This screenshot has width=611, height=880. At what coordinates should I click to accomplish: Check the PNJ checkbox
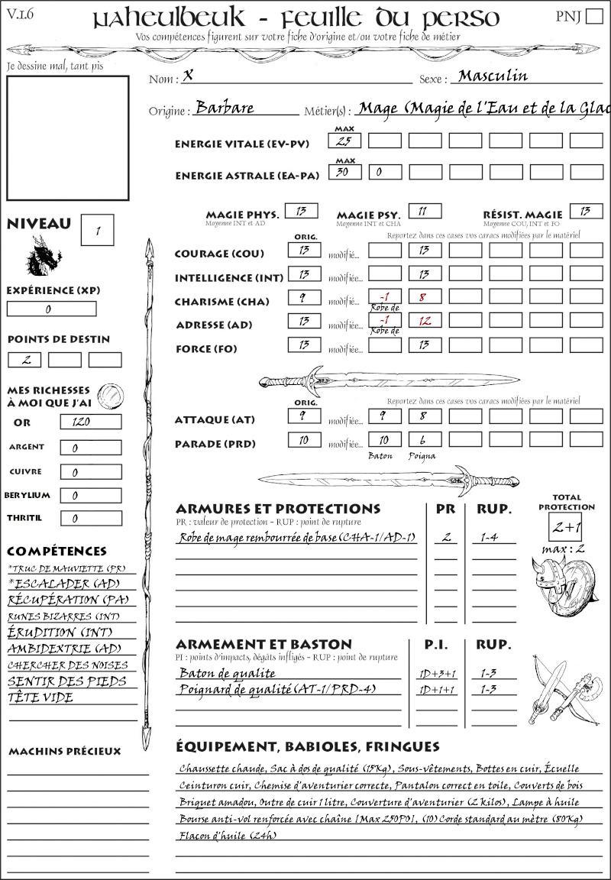(x=593, y=17)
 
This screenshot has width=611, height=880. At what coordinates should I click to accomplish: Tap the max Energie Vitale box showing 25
(x=344, y=141)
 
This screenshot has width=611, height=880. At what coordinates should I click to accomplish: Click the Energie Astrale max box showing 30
(x=344, y=173)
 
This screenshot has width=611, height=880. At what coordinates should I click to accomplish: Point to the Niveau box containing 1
(x=99, y=229)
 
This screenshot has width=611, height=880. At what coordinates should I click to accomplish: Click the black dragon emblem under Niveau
(x=44, y=256)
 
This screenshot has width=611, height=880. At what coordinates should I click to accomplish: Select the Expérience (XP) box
(x=51, y=309)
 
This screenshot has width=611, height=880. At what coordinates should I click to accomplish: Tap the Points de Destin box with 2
(x=24, y=360)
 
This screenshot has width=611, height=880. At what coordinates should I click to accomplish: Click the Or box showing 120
(x=90, y=422)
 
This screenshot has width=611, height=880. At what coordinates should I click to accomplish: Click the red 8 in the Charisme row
(x=425, y=297)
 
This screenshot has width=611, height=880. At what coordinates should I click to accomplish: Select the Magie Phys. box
(x=301, y=211)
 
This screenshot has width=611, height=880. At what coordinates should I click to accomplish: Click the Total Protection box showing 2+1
(x=566, y=527)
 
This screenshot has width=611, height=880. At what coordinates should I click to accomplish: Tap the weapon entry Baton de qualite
(x=227, y=673)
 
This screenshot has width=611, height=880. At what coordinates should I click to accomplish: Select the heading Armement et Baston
(x=263, y=644)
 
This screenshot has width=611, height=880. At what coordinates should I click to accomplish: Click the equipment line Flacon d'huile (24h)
(x=227, y=835)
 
